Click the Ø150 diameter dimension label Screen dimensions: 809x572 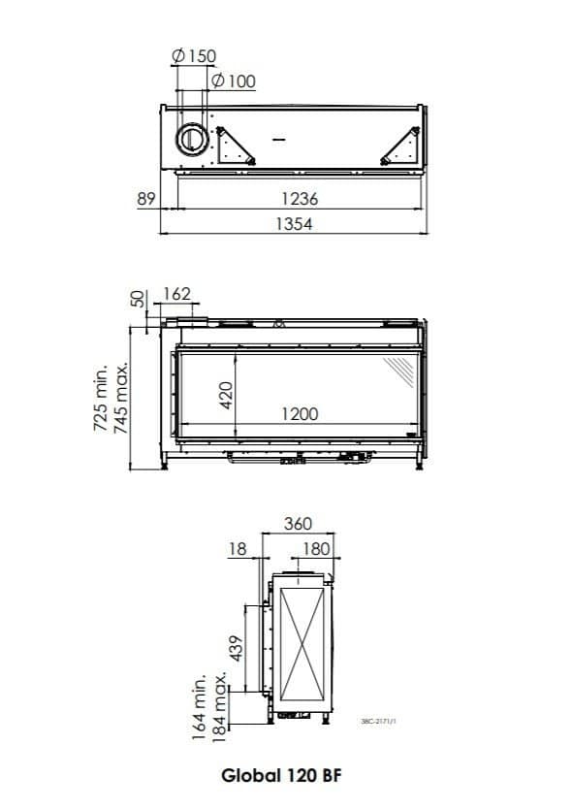click(193, 57)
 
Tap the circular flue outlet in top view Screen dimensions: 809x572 click(190, 139)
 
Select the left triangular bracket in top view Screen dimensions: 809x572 click(235, 146)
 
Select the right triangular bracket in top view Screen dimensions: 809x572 click(399, 146)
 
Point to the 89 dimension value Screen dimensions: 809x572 click(146, 199)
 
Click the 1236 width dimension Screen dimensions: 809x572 click(300, 199)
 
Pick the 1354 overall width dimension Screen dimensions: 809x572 click(300, 223)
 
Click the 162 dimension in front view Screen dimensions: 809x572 click(177, 294)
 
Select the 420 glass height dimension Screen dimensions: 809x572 click(226, 394)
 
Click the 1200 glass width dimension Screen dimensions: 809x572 click(300, 414)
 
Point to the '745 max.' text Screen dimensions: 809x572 click(123, 401)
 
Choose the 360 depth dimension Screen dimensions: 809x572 click(298, 524)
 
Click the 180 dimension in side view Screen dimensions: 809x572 click(316, 549)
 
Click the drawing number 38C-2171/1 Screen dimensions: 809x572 click(379, 720)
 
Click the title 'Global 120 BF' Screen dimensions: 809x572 click(281, 776)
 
